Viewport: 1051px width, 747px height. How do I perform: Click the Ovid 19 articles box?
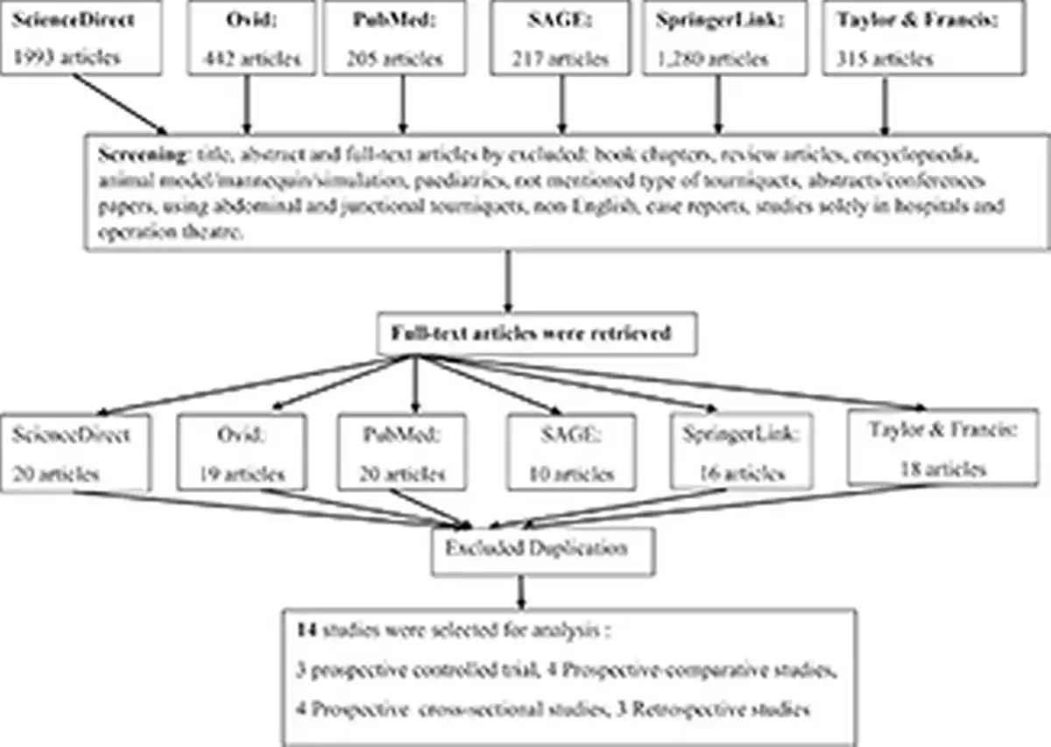pos(242,452)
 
